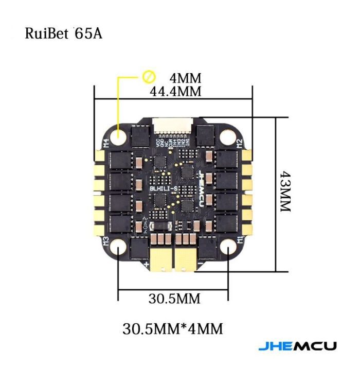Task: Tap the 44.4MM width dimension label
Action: pyautogui.click(x=175, y=91)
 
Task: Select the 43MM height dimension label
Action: pyautogui.click(x=286, y=193)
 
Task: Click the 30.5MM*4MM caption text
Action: pyautogui.click(x=173, y=328)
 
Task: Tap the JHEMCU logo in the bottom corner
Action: pyautogui.click(x=297, y=345)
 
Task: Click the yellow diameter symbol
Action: pyautogui.click(x=149, y=77)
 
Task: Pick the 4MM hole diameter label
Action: pyautogui.click(x=185, y=78)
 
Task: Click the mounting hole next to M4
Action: pyautogui.click(x=120, y=137)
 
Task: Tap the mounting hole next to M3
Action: pyautogui.click(x=119, y=249)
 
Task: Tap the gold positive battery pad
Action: pyautogui.click(x=159, y=258)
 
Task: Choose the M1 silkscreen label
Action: pyautogui.click(x=240, y=239)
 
